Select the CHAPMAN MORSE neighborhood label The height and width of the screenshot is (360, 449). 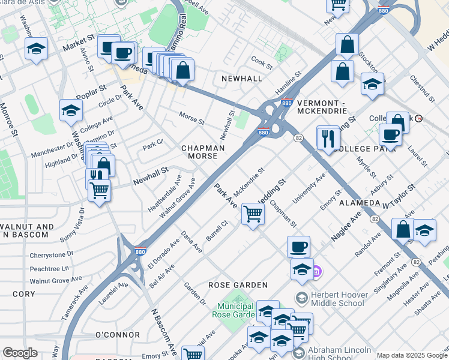(203, 152)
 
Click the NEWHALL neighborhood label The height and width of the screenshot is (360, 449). (241, 79)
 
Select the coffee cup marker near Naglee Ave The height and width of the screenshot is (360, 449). (298, 246)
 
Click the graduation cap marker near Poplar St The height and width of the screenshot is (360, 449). (71, 110)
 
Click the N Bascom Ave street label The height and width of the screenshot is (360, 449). (164, 331)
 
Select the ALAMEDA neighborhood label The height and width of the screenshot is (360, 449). (360, 203)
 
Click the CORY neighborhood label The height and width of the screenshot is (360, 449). (24, 294)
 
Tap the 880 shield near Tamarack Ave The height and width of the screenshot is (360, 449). (140, 251)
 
